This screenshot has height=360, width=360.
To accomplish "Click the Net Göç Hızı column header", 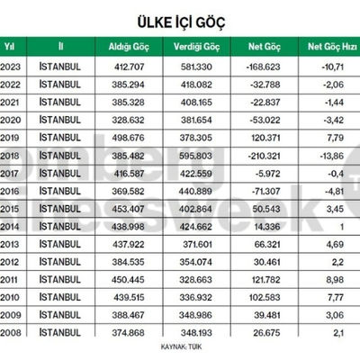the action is [332, 45].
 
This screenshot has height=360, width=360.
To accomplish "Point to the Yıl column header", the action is [10, 45].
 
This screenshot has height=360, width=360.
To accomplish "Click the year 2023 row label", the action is [11, 67].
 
